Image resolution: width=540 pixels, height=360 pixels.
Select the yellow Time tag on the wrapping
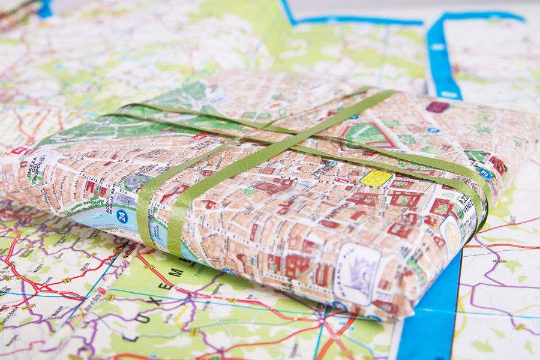pos(376,178)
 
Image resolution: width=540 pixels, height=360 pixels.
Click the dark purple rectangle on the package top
pos(437,107)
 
